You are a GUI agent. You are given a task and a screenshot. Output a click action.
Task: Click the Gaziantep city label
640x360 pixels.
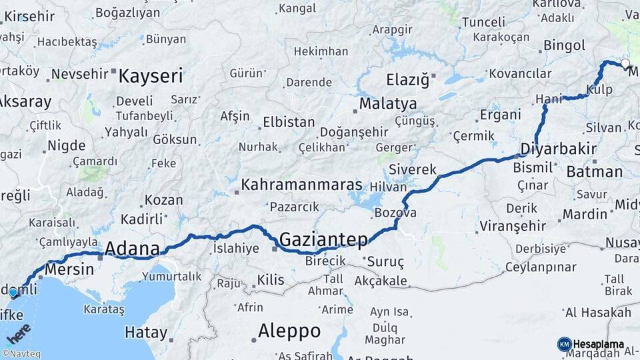tap(323, 239)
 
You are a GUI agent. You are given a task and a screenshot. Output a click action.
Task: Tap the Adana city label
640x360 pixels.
tap(132, 249)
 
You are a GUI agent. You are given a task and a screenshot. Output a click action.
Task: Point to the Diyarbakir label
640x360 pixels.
tap(558, 148)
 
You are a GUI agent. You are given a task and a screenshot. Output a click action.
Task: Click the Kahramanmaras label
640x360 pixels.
tap(301, 185)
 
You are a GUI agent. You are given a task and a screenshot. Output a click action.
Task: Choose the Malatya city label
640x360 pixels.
tap(388, 104)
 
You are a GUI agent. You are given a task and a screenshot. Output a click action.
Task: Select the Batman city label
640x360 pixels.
tap(594, 171)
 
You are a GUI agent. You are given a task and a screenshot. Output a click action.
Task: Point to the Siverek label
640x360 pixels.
tap(413, 169)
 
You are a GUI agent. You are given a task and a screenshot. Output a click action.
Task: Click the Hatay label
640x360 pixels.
tap(145, 332)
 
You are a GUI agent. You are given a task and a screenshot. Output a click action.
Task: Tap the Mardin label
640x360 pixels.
tap(585, 214)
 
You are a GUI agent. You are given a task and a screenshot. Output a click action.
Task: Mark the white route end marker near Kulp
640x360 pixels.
tap(625, 64)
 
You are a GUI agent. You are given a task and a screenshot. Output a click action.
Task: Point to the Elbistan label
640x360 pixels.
tap(289, 122)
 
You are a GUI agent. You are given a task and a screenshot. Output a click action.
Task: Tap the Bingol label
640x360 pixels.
tap(564, 45)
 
